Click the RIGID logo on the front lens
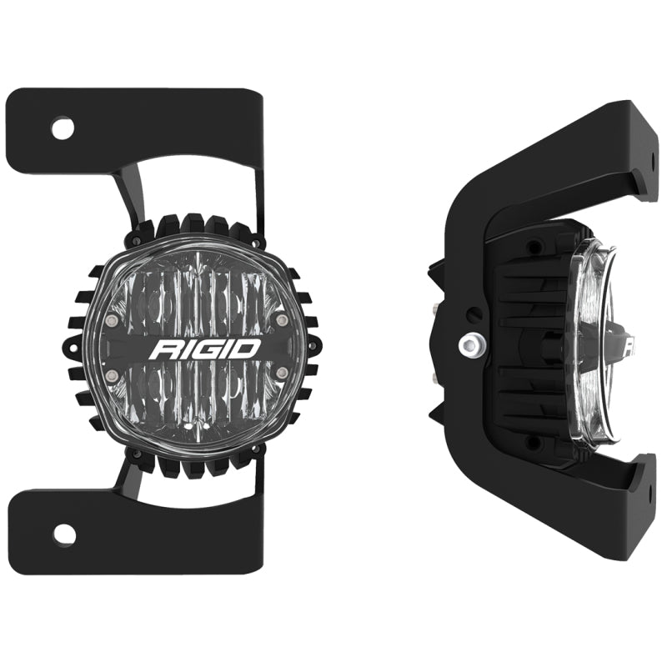[204, 349]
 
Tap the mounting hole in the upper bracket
[63, 128]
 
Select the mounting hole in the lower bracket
[63, 532]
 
